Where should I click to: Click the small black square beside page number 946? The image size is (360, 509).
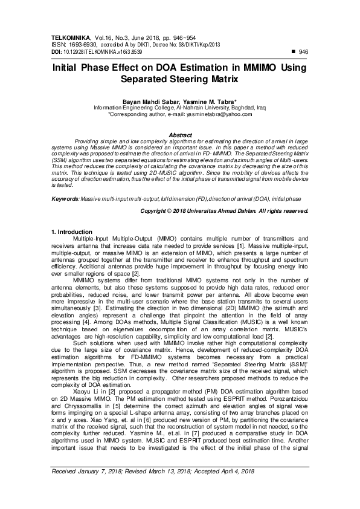pyautogui.click(x=294, y=52)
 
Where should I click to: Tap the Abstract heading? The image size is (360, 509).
pyautogui.click(x=180, y=135)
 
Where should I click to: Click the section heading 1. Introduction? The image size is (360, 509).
pyautogui.click(x=72, y=232)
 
